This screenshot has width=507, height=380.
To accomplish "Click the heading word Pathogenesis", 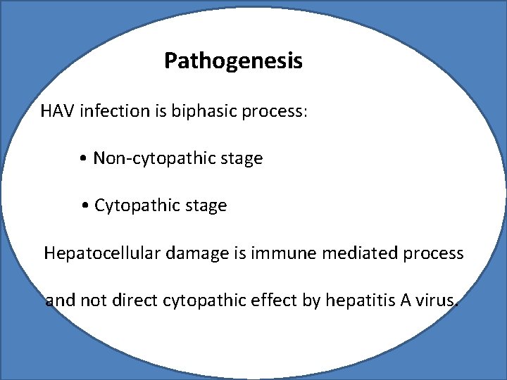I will [233, 61].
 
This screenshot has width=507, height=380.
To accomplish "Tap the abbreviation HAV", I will [58, 112].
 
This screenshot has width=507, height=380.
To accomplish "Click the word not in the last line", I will [92, 301].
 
